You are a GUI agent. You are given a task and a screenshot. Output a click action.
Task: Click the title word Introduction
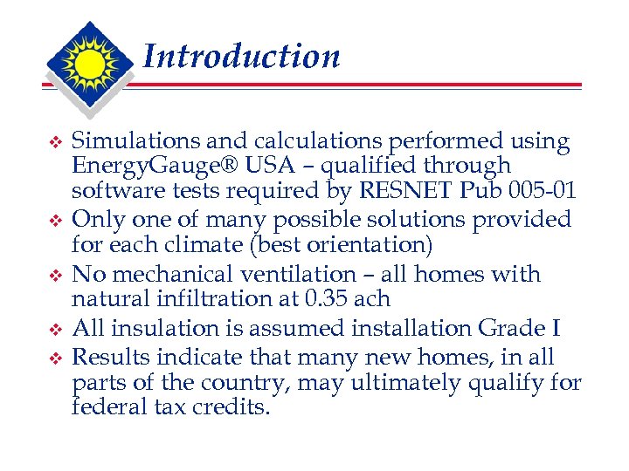coord(240,57)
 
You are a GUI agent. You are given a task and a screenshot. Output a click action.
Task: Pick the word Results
coord(109,357)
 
